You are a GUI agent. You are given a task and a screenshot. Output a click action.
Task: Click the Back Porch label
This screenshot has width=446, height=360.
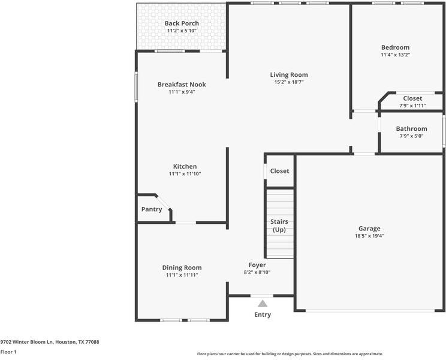click(x=182, y=23)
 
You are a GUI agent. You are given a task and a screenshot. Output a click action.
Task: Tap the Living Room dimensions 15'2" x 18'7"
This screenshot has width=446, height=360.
click(x=288, y=82)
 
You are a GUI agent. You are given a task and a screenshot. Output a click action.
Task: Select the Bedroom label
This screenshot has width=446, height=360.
click(x=395, y=47)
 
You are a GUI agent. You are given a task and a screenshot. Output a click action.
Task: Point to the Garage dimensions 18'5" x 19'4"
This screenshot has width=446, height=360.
click(x=369, y=236)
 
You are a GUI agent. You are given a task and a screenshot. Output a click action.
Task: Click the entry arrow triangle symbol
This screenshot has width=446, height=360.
click(x=263, y=304)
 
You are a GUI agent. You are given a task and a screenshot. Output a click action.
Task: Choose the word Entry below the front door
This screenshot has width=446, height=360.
click(x=263, y=314)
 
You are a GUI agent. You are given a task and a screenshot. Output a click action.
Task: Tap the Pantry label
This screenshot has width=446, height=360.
click(x=152, y=209)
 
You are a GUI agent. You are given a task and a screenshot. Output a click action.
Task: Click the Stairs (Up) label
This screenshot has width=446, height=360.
click(x=279, y=226)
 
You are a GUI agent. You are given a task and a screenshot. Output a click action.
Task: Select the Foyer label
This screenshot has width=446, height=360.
click(x=257, y=265)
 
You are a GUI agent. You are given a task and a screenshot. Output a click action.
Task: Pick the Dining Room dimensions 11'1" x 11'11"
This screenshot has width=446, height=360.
click(x=182, y=275)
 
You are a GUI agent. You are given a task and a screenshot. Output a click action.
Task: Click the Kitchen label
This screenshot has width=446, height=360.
click(x=185, y=166)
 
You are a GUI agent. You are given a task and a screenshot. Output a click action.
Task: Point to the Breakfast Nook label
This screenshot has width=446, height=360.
click(x=182, y=85)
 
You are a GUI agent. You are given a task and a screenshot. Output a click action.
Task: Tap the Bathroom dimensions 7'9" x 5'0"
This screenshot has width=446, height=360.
click(x=411, y=136)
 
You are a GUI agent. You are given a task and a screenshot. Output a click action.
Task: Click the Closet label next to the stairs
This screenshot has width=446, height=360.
click(x=279, y=171)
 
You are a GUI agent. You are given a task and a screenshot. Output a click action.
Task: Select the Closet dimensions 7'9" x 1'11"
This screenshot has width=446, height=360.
click(x=412, y=106)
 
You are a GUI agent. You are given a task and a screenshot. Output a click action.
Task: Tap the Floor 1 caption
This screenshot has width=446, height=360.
click(x=8, y=352)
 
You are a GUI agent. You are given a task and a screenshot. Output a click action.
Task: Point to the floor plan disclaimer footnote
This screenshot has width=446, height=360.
click(x=290, y=354)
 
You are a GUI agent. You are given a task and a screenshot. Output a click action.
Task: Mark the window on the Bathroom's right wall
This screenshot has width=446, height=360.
click(x=444, y=131)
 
